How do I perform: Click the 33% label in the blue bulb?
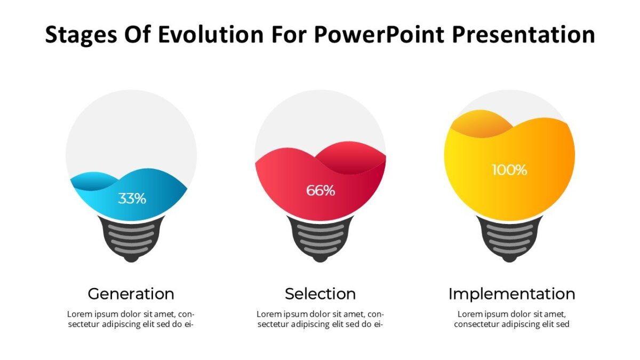point(132,198)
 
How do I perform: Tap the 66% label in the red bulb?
point(321,190)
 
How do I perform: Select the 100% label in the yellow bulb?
point(509,170)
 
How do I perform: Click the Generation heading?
point(131,294)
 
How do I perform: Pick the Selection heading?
point(321,294)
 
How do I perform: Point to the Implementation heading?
point(511,294)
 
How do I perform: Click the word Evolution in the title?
point(211,34)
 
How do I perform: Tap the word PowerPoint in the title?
point(379,34)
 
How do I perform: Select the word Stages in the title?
point(81,35)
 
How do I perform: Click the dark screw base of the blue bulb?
point(131,238)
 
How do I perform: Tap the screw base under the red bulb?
point(321,238)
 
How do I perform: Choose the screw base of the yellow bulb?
point(509,238)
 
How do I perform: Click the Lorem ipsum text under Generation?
point(131,319)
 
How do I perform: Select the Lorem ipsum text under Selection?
point(321,319)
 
